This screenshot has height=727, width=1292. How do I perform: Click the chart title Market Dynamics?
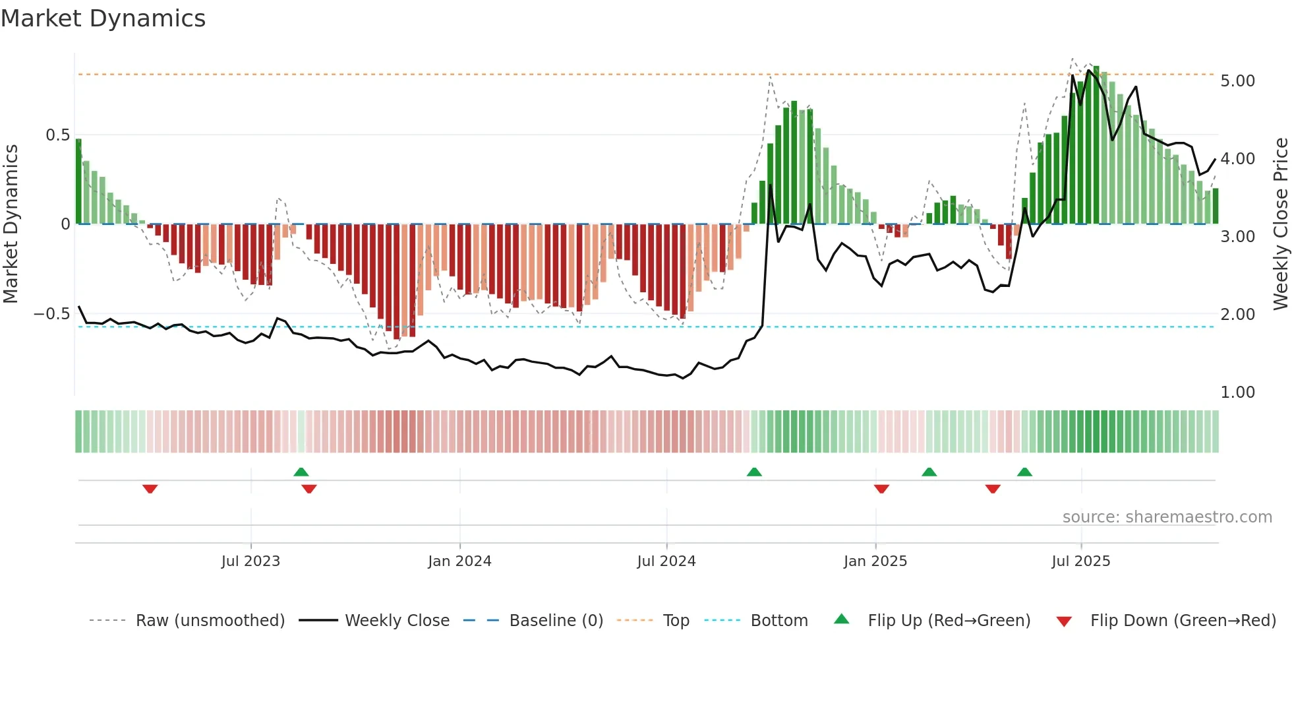(x=103, y=18)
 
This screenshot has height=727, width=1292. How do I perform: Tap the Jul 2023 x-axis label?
(x=250, y=561)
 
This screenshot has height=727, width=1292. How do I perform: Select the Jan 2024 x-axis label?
(x=459, y=561)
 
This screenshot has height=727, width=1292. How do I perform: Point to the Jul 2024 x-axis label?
(x=666, y=561)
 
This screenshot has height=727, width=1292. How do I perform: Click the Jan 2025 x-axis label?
(x=875, y=561)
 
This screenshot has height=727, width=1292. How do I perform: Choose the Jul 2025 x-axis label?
(x=1081, y=561)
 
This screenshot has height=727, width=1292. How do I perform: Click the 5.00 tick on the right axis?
(x=1237, y=81)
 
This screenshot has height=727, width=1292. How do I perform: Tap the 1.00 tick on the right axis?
(x=1237, y=393)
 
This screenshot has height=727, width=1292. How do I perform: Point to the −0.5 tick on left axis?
(x=51, y=314)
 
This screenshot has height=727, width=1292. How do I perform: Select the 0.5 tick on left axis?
(x=57, y=135)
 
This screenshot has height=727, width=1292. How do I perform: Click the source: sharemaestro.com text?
(x=1167, y=517)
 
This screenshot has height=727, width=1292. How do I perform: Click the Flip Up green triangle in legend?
(x=842, y=619)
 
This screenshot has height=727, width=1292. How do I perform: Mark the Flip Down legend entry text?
(x=1183, y=621)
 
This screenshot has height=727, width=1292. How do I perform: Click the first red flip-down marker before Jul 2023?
(x=150, y=489)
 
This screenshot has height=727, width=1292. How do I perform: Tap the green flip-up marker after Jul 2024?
(x=754, y=472)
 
